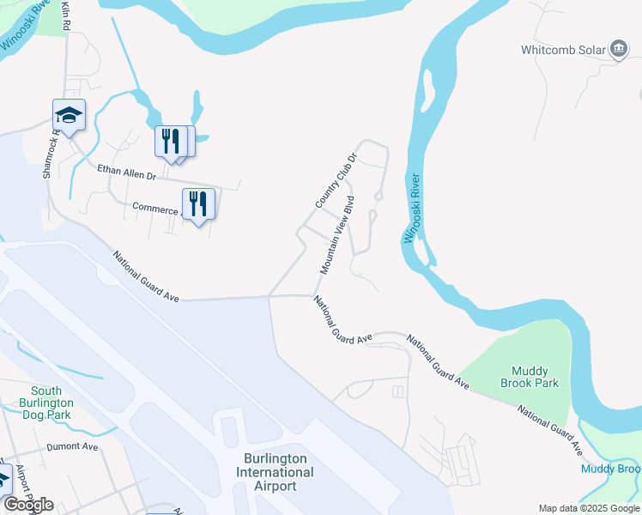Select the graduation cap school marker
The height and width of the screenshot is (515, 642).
click(70, 113)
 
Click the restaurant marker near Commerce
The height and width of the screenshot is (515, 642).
click(198, 204)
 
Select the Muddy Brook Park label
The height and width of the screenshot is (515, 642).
click(528, 377)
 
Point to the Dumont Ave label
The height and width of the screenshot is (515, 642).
click(73, 446)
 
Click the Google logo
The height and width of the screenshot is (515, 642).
click(27, 505)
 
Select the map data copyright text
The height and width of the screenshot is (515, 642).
click(589, 508)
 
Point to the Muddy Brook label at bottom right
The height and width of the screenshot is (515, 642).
click(610, 469)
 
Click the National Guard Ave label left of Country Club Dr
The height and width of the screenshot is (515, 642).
click(147, 276)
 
